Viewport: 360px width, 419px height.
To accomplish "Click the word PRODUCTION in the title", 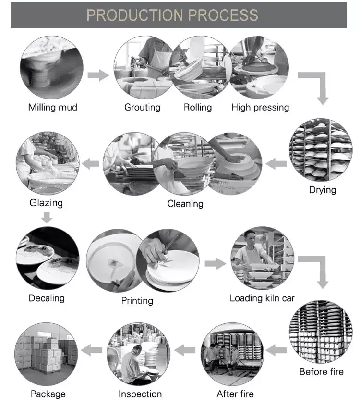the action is pyautogui.click(x=135, y=15).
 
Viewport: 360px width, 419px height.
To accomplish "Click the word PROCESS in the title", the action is pyautogui.click(x=223, y=15).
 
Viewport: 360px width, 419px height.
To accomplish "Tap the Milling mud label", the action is pyautogui.click(x=52, y=107).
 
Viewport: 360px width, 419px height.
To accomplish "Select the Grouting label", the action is pyautogui.click(x=142, y=107).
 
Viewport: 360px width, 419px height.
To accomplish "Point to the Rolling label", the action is pyautogui.click(x=198, y=107).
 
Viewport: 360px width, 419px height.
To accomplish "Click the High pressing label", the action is pyautogui.click(x=260, y=107).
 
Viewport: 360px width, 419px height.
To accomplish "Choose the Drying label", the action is pyautogui.click(x=323, y=190).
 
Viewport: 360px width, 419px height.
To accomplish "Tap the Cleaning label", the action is pyautogui.click(x=185, y=204).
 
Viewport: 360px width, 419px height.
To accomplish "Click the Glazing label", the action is pyautogui.click(x=46, y=202).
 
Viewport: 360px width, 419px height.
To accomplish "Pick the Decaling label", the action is pyautogui.click(x=47, y=298).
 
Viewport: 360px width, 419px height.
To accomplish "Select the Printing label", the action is pyautogui.click(x=137, y=300).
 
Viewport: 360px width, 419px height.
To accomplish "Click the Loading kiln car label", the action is pyautogui.click(x=262, y=298).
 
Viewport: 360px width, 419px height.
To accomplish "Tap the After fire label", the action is pyautogui.click(x=235, y=394).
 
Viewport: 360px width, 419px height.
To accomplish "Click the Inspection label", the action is pyautogui.click(x=140, y=394).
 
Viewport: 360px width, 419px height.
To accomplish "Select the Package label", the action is pyautogui.click(x=48, y=394).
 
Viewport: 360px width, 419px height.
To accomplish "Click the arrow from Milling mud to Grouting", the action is pyautogui.click(x=98, y=75).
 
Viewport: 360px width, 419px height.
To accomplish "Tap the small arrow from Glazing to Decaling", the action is pyautogui.click(x=46, y=218).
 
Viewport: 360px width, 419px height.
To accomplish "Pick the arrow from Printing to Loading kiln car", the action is pyautogui.click(x=215, y=263).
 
